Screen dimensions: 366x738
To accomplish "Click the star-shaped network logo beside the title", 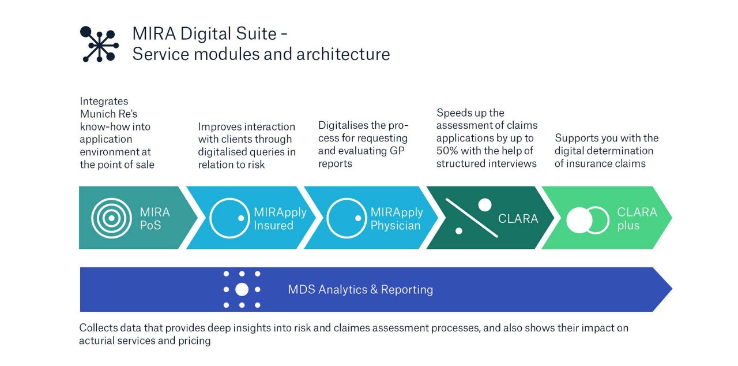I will point(99,44).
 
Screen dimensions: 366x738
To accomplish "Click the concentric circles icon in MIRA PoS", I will point(111,218).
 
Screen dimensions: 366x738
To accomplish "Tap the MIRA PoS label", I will point(155,218).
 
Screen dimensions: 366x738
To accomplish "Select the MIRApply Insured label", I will point(280,218).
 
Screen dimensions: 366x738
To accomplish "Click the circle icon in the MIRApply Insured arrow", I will point(229,218).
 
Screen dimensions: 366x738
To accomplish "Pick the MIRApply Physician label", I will point(397,218).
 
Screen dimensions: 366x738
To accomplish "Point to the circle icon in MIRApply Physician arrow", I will point(347,218).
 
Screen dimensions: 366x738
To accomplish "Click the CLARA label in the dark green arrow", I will point(518,219).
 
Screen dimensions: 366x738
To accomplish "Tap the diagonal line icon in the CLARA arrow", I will point(472,218).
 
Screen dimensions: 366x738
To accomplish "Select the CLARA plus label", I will point(637,218).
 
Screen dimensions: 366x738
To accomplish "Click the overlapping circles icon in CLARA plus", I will point(588,220).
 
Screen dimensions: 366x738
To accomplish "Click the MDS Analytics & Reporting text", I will point(360,289).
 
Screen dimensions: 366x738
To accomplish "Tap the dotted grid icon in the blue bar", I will point(242,289).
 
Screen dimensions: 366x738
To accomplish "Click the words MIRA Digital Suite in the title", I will point(204,33).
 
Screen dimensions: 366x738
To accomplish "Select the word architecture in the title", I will point(343,54).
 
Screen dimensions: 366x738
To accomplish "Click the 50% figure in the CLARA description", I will point(449,151).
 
